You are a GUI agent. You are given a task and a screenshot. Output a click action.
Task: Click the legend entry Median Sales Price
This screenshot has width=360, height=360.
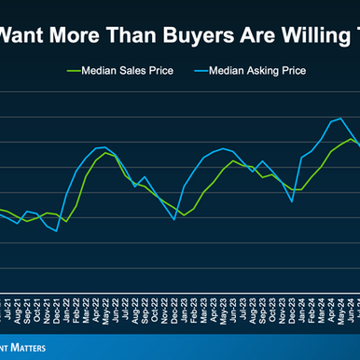(x=119, y=70)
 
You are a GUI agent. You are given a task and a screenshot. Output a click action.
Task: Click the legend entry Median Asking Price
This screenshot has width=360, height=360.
(x=256, y=70)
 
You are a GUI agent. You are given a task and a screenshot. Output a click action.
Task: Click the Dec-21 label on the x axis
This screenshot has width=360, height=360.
(x=59, y=311)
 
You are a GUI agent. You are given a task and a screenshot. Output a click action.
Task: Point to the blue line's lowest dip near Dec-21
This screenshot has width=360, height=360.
(x=57, y=230)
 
